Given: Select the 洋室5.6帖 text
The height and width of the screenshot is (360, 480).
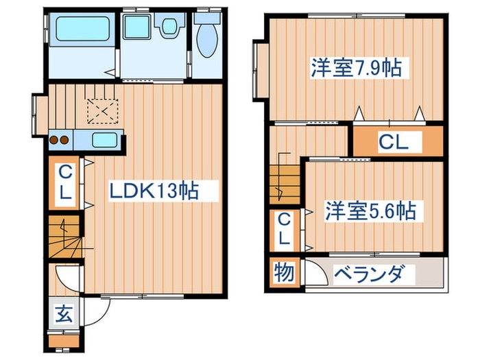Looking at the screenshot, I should (370, 211).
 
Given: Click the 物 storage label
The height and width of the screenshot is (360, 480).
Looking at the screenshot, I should (285, 273).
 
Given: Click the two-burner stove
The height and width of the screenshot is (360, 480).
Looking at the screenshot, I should (60, 141).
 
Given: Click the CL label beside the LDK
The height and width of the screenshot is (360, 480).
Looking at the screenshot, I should (64, 183).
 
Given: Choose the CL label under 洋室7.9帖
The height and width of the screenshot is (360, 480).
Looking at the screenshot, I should (394, 143).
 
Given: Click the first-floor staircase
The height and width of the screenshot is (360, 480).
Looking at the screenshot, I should (64, 237).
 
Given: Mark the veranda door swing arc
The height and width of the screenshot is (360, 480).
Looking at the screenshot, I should (314, 275).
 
